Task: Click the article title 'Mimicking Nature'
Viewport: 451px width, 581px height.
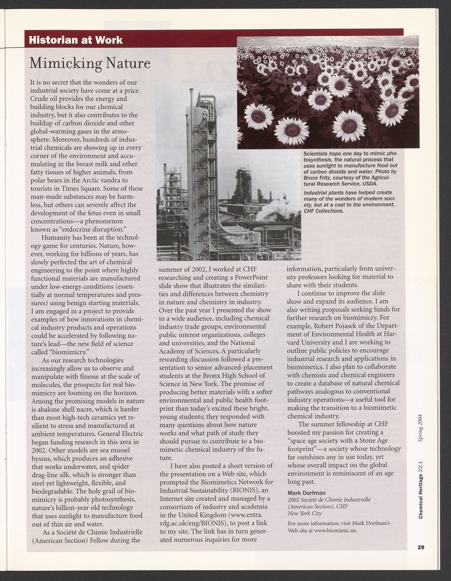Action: (x=90, y=63)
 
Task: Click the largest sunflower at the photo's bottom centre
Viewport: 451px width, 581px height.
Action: (x=347, y=124)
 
